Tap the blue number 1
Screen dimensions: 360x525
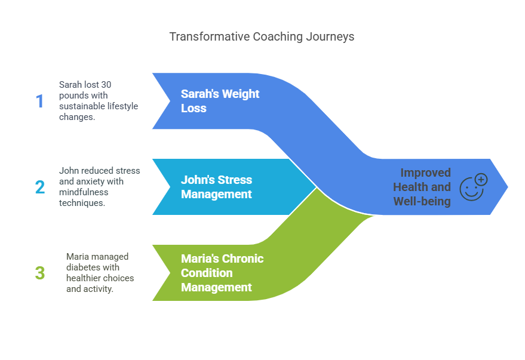coord(40,101)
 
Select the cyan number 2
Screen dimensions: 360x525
coord(40,187)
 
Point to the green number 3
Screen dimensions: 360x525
coord(40,273)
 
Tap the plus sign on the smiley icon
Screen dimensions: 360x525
coord(481,179)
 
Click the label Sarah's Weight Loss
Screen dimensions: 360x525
coord(220,101)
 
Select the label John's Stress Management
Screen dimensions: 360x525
coord(216,187)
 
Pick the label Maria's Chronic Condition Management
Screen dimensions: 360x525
coord(222,273)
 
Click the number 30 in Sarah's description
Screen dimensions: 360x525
coord(106,85)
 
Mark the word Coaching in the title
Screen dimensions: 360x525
coord(278,36)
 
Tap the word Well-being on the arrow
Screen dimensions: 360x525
coord(422,201)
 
